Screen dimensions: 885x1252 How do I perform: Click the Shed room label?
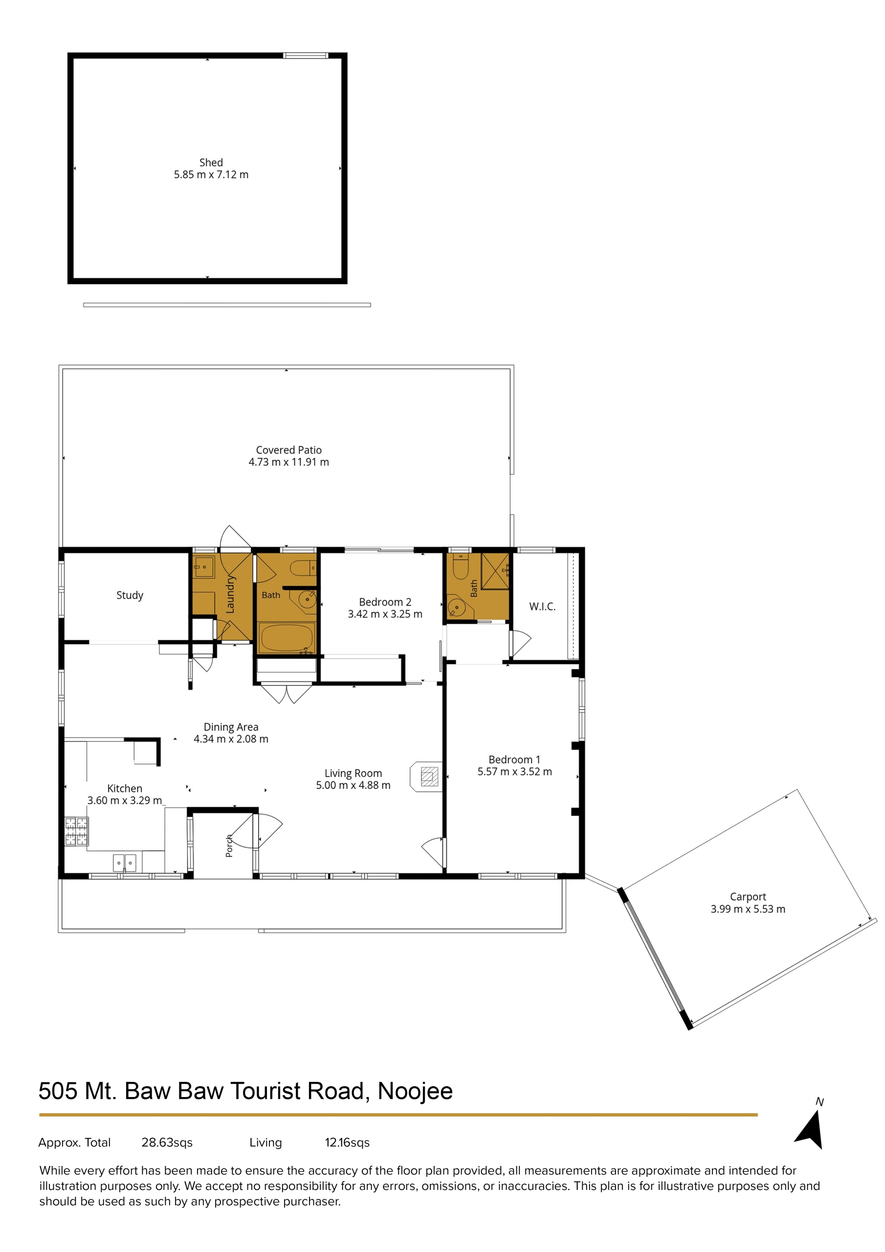coord(211,162)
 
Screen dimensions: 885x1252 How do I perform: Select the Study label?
coord(130,596)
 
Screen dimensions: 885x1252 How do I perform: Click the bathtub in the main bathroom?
coord(287,637)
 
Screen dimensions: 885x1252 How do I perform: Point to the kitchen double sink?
coord(125,863)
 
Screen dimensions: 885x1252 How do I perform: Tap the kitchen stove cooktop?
coord(77,831)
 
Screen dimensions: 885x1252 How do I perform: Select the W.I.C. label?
coord(543,606)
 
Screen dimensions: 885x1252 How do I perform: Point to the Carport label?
coord(748,896)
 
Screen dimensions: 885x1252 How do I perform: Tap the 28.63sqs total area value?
coord(167,1142)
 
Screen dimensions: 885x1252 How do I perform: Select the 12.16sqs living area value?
coord(347,1142)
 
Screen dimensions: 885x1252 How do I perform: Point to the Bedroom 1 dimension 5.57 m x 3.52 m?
coord(515,772)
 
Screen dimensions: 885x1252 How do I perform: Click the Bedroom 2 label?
coord(385,602)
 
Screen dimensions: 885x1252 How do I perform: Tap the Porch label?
coord(229,846)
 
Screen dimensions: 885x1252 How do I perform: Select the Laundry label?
coord(230,594)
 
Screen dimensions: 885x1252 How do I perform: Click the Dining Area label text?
coord(231,727)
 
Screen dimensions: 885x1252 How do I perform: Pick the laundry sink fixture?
coord(204,567)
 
